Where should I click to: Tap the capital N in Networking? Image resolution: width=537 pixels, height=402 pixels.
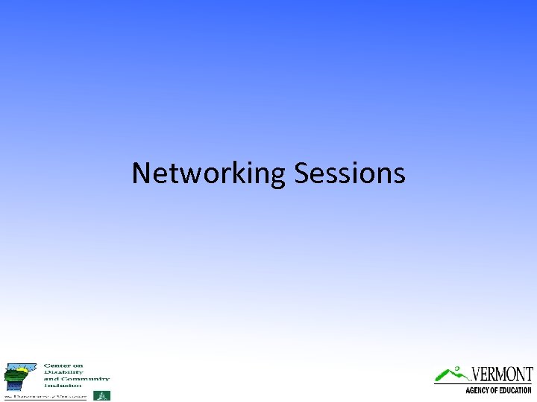coord(142,173)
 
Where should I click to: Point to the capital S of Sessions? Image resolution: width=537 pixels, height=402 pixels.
coord(302,173)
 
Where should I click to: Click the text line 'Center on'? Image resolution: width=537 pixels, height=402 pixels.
coord(63,366)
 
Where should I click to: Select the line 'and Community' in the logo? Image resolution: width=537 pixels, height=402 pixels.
coord(76,379)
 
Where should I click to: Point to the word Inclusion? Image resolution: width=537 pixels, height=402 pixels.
coord(63,386)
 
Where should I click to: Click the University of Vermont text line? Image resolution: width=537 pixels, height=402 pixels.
coord(45,396)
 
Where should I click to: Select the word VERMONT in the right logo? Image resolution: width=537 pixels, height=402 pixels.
coord(503,374)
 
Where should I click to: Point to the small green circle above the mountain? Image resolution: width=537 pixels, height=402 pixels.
coord(456,367)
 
